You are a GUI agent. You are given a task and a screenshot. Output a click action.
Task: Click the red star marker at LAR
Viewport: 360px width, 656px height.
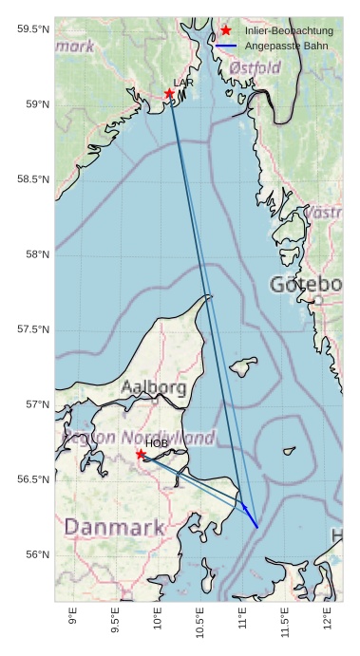[x=169, y=93]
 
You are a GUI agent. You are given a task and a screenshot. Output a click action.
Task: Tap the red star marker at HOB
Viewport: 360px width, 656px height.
[x=141, y=454]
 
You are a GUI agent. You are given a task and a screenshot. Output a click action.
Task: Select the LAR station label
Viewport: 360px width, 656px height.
[x=182, y=84]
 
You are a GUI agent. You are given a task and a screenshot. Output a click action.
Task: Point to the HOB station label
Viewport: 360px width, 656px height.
[x=157, y=443]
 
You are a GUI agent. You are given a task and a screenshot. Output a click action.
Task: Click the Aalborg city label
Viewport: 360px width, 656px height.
[x=154, y=387]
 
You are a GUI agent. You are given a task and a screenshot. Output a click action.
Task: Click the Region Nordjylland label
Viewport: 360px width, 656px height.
[x=139, y=437]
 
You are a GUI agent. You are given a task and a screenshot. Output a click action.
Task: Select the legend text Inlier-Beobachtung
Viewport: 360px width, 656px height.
[x=289, y=30]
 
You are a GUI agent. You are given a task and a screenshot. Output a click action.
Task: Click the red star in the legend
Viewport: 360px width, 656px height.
[x=226, y=30]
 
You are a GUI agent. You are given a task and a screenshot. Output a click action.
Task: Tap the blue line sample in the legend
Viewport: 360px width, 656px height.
[x=226, y=46]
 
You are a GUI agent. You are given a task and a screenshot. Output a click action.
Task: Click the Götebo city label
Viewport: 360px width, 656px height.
[x=305, y=285]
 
